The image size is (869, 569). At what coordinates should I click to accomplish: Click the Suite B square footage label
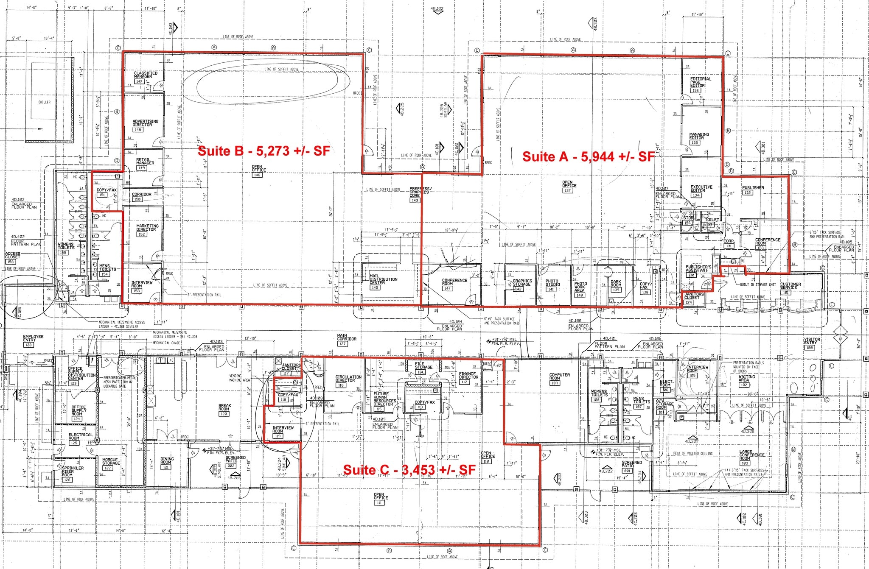[264, 151]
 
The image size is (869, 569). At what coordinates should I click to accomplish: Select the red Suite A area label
[589, 156]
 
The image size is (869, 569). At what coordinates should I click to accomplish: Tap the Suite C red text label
[409, 470]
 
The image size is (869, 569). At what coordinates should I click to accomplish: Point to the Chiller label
[44, 102]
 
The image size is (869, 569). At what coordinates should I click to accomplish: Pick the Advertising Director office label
[145, 123]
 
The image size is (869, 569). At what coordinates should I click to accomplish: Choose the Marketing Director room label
[147, 228]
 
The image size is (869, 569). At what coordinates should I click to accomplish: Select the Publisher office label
[753, 188]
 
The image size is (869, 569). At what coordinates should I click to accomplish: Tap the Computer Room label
[560, 377]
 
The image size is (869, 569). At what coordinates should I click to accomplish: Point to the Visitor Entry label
[812, 342]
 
